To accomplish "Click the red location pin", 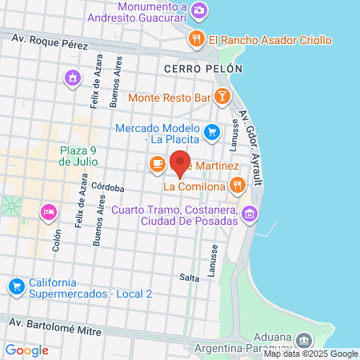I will tap(181, 162).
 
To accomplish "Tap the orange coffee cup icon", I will tap(157, 165).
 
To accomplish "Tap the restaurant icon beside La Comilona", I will tap(237, 186).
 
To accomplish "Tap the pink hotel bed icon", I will tap(48, 212).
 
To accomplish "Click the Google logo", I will tap(26, 350).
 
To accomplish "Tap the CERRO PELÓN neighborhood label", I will tap(202, 70).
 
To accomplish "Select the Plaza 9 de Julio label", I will tap(78, 155).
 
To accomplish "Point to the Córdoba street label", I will tap(107, 188).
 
